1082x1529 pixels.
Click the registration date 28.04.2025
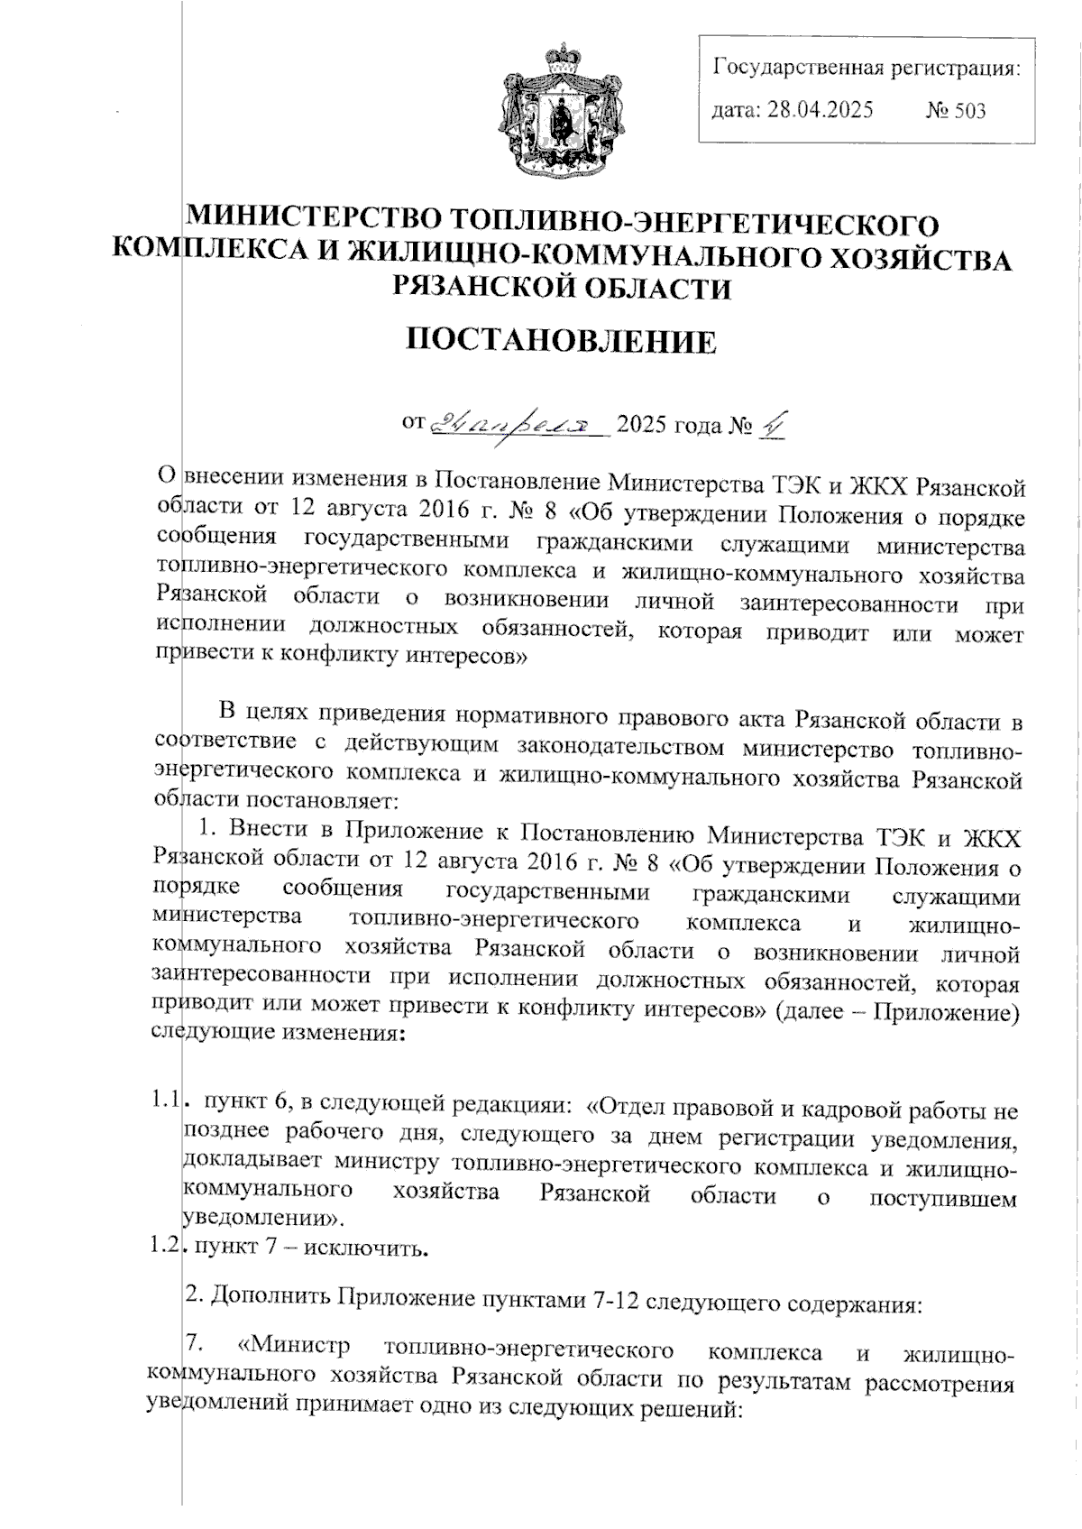click(x=819, y=111)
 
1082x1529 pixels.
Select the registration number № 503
click(x=956, y=111)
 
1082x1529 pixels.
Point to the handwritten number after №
click(x=770, y=422)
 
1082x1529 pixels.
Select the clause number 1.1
click(x=166, y=1101)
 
